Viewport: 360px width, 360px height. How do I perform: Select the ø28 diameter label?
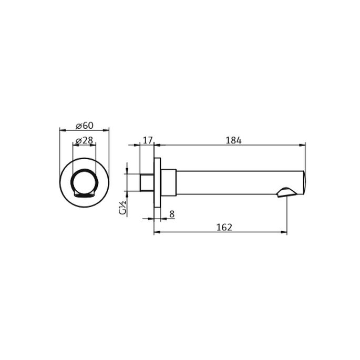coord(84,140)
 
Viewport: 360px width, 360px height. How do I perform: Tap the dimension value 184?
coord(233,140)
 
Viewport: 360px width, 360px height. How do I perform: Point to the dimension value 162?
coord(224,227)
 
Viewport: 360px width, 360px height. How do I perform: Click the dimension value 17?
coord(147,140)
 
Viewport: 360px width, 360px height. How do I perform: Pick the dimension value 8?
coord(171,214)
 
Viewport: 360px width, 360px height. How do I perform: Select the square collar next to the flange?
coord(168,182)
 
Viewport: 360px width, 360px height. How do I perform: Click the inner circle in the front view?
coord(84,183)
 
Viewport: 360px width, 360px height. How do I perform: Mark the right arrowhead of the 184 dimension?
coord(303,144)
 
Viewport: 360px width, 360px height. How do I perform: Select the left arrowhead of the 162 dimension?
coord(157,232)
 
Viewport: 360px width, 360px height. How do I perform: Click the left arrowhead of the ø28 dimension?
coord(74,144)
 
